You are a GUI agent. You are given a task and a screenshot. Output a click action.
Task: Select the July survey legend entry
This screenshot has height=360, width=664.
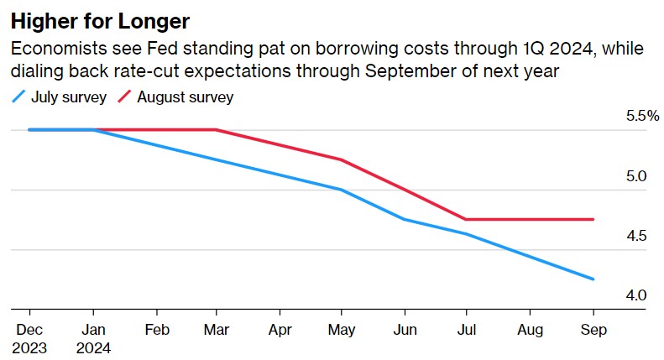click(x=60, y=97)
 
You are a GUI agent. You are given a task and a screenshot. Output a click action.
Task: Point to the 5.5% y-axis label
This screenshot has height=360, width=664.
click(x=642, y=117)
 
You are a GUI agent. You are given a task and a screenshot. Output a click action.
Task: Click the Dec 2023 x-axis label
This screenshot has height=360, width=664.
click(x=29, y=337)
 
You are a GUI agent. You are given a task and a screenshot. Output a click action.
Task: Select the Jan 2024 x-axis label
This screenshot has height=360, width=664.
click(x=92, y=337)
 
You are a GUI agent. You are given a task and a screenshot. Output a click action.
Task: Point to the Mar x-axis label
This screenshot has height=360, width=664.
click(x=217, y=330)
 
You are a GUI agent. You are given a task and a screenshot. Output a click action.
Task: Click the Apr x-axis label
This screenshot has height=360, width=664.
click(x=280, y=330)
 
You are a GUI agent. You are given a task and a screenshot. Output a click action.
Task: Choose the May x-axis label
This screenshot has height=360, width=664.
click(x=342, y=330)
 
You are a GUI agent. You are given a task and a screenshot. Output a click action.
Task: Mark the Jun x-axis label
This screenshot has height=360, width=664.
click(x=405, y=330)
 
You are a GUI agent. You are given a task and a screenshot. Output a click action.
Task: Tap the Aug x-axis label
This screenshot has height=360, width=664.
click(x=531, y=330)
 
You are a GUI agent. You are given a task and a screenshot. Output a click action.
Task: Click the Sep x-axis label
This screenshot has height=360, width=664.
click(x=593, y=330)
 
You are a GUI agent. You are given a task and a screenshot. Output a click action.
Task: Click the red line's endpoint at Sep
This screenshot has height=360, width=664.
click(x=593, y=219)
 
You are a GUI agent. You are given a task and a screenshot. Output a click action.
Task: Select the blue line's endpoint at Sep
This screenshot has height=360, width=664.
click(x=593, y=279)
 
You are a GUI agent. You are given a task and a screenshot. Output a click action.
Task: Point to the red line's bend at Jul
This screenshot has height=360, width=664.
click(x=467, y=219)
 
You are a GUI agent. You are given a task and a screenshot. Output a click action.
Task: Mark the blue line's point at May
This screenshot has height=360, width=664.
click(x=342, y=190)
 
